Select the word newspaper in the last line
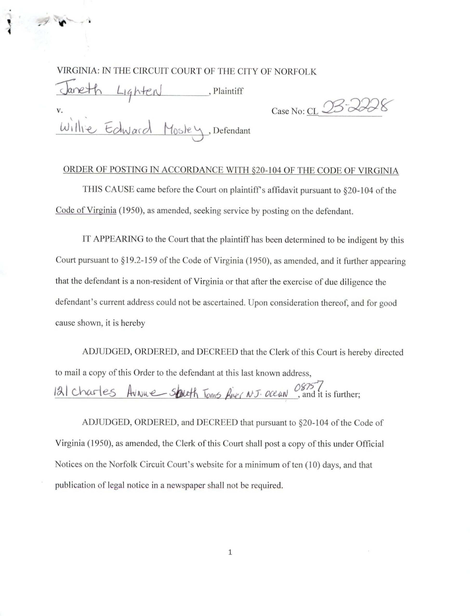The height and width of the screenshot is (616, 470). click(x=185, y=485)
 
